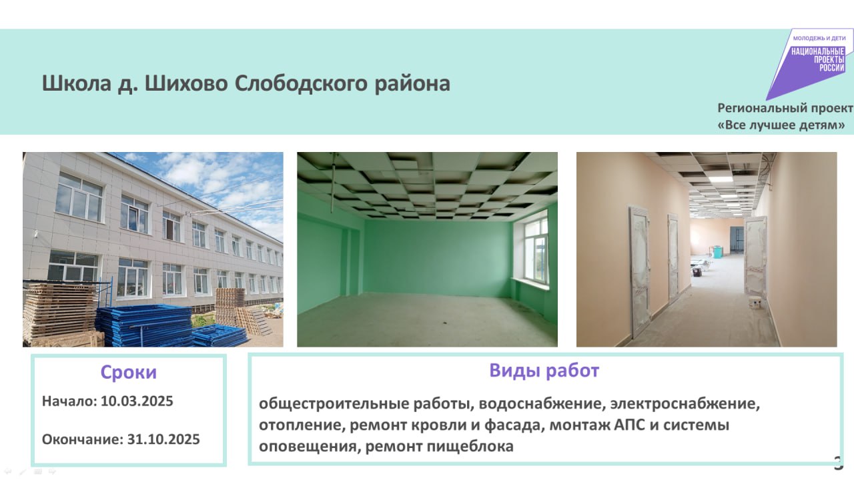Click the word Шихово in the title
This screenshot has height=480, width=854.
point(186,83)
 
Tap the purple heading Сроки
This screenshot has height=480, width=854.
point(129,372)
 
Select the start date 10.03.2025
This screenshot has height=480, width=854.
point(137,401)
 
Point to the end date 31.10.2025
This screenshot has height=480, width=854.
point(163,439)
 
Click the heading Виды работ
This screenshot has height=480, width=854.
point(544,371)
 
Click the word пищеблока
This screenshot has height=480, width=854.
point(470,446)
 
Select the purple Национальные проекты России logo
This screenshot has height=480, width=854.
point(809,63)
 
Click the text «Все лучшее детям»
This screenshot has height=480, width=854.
point(781,125)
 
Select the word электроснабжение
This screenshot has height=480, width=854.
point(685,403)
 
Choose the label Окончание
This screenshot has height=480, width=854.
point(83,439)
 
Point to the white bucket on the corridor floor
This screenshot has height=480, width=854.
point(755,303)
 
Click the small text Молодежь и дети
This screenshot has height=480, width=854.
point(819,38)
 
